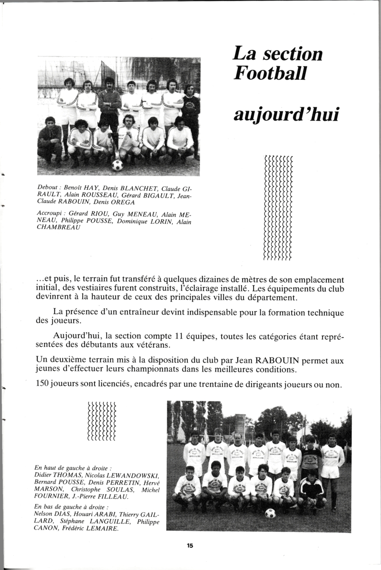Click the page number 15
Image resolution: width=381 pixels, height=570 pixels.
pos(190,546)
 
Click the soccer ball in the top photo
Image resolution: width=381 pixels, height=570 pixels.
pos(117,165)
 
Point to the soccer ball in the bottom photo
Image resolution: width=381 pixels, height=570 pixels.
pos(270,513)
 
